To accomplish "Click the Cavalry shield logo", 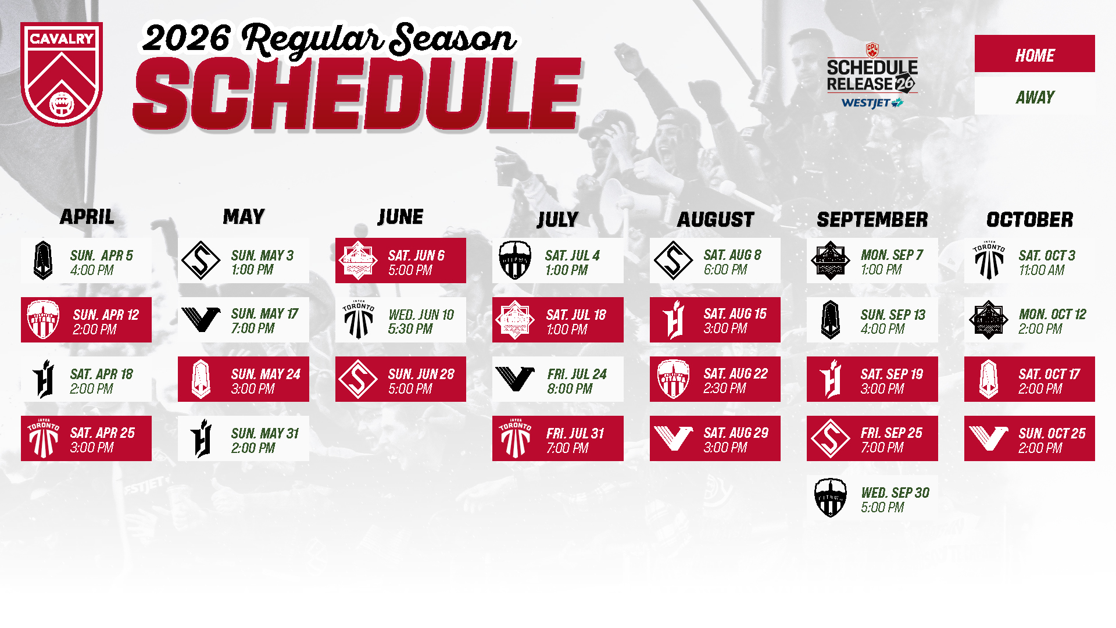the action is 62,74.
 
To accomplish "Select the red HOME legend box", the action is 1035,53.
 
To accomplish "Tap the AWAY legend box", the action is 1035,97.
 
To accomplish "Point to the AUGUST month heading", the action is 716,219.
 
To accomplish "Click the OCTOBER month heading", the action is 1029,219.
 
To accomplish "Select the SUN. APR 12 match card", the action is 86,320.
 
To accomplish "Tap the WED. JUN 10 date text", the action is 421,315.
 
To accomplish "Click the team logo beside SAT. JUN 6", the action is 359,261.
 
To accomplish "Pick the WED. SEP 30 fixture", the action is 872,498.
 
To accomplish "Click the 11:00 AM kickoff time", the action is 1042,270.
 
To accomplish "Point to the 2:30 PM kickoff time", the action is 725,388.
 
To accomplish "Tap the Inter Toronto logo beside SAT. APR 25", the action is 44,438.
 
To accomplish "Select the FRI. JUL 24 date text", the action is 577,374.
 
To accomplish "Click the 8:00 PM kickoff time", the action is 570,389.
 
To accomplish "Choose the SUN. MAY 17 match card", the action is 244,320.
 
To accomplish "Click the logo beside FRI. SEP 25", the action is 831,438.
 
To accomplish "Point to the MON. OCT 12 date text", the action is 1053,315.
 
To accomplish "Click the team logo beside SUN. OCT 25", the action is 989,438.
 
